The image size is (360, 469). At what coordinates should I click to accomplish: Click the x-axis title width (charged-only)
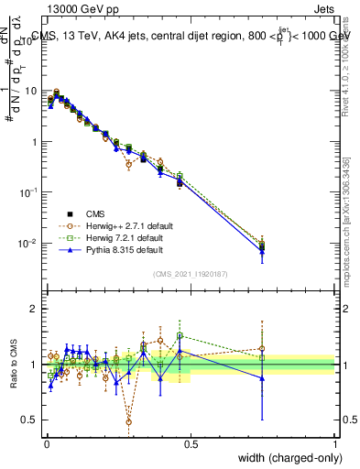(284, 459)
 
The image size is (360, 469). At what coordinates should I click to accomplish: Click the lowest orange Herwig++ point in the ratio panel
(129, 421)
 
